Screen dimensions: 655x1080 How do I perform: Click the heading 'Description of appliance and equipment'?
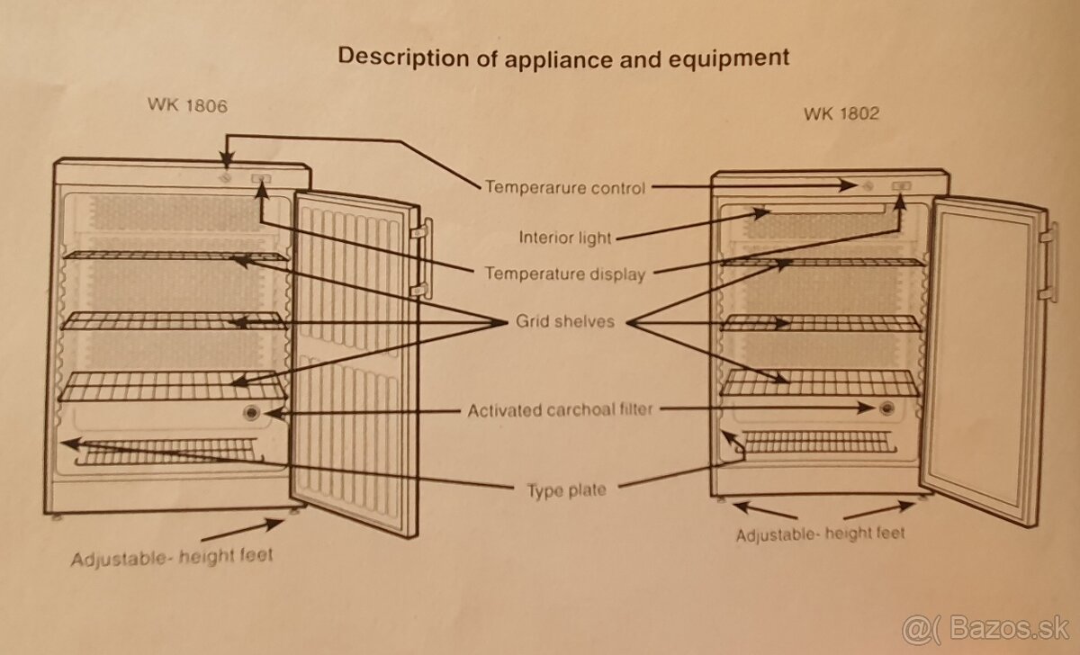(562, 57)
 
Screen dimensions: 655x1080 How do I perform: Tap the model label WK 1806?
(187, 105)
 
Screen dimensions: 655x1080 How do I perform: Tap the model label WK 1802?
(841, 113)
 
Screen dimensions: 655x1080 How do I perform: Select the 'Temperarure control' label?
(564, 187)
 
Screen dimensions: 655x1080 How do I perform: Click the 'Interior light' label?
(564, 238)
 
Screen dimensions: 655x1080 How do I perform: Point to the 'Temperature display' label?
(564, 274)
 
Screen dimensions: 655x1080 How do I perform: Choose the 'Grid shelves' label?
(564, 321)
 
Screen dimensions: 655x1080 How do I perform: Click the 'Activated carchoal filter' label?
(560, 410)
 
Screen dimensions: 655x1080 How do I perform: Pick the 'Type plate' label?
(566, 490)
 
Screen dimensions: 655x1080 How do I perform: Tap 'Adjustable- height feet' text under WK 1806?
(171, 556)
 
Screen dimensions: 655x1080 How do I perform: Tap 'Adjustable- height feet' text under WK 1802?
(820, 534)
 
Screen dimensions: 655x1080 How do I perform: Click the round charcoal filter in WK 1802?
(888, 408)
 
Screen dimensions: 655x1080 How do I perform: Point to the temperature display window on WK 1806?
(261, 180)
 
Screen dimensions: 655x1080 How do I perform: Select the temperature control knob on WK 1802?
(866, 186)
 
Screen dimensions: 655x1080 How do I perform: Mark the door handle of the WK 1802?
(1046, 265)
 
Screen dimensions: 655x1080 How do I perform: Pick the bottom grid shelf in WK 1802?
(819, 383)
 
